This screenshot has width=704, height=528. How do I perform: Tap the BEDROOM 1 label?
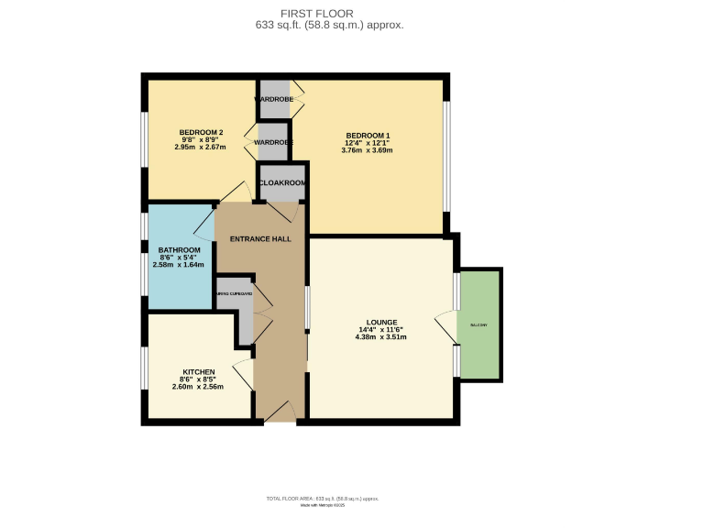(x=368, y=136)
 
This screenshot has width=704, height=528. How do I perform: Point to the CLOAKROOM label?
(x=282, y=183)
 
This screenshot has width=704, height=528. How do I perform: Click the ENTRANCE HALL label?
(x=260, y=239)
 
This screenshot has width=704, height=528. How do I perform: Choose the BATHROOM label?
(x=179, y=250)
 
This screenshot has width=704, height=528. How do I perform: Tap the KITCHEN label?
(x=198, y=372)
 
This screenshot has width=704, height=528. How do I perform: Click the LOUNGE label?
(x=380, y=322)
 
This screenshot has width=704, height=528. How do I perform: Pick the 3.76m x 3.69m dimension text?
(x=368, y=150)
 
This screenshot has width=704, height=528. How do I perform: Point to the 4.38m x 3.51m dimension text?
(x=380, y=337)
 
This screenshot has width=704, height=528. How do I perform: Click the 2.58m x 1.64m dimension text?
(x=179, y=265)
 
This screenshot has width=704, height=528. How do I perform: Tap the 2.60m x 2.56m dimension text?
(x=198, y=387)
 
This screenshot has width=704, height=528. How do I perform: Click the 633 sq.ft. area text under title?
(x=330, y=26)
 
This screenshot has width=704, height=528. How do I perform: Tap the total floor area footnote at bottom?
(x=323, y=499)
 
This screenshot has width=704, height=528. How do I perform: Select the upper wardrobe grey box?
(x=274, y=99)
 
